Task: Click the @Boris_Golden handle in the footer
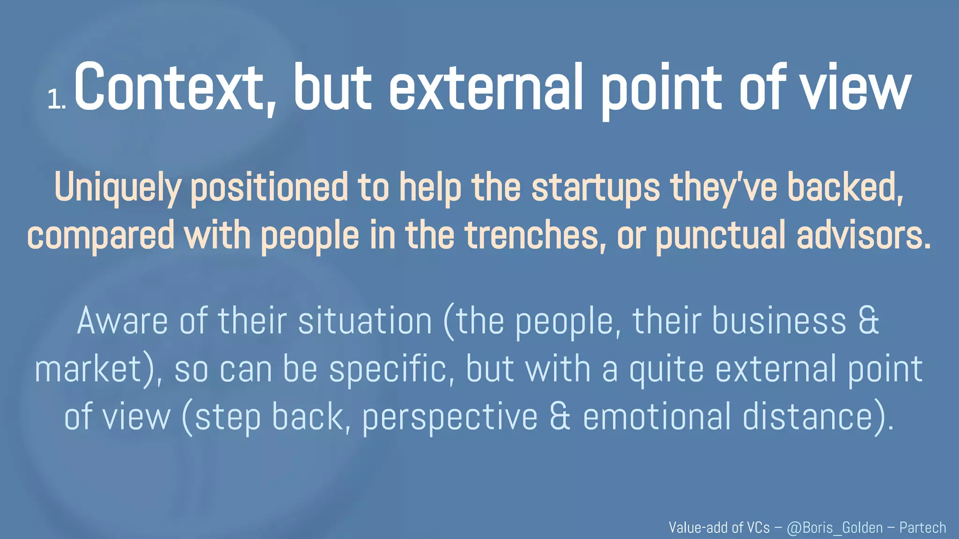(834, 528)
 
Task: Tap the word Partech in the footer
(922, 528)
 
